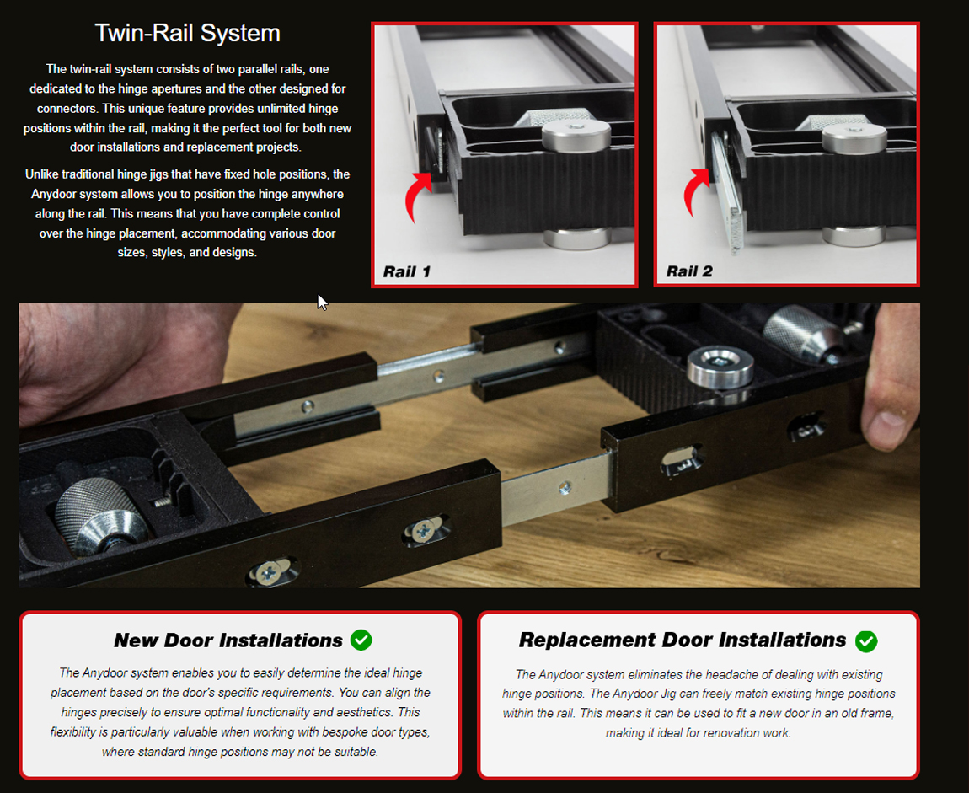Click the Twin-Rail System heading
click(187, 33)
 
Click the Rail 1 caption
click(407, 272)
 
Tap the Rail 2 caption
click(689, 271)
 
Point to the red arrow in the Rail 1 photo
click(417, 195)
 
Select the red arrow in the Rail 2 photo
click(697, 190)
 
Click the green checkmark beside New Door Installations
click(361, 640)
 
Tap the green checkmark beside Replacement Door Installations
click(866, 641)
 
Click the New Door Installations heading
click(228, 640)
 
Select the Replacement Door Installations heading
click(683, 640)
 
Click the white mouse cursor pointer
click(321, 302)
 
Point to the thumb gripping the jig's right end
click(886, 421)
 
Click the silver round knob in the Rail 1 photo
click(576, 135)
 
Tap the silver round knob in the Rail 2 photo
click(854, 137)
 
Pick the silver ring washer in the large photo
click(720, 367)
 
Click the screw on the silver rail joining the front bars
click(565, 488)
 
